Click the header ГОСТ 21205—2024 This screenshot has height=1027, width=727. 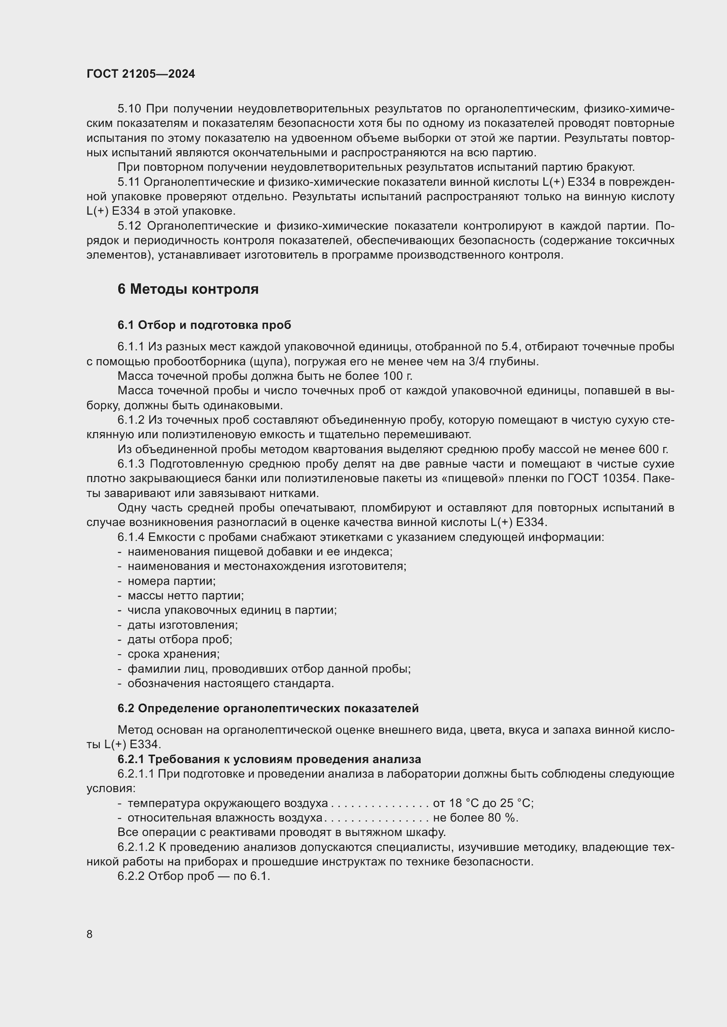point(141,74)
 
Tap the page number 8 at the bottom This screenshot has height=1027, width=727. point(90,934)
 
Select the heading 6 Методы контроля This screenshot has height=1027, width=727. point(188,289)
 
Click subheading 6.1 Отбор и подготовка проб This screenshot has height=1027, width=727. point(204,325)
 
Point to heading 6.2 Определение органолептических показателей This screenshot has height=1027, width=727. point(268,708)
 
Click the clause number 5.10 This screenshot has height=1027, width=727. point(129,109)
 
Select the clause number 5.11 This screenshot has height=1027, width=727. point(129,182)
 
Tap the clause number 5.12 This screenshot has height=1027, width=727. point(129,226)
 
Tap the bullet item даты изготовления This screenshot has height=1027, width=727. point(183,625)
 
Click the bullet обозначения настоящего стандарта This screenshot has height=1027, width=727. point(231,684)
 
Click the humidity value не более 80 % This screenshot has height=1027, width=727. point(476,818)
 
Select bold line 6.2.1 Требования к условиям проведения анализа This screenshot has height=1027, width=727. point(269,759)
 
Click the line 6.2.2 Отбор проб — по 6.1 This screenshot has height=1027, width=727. point(194,876)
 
